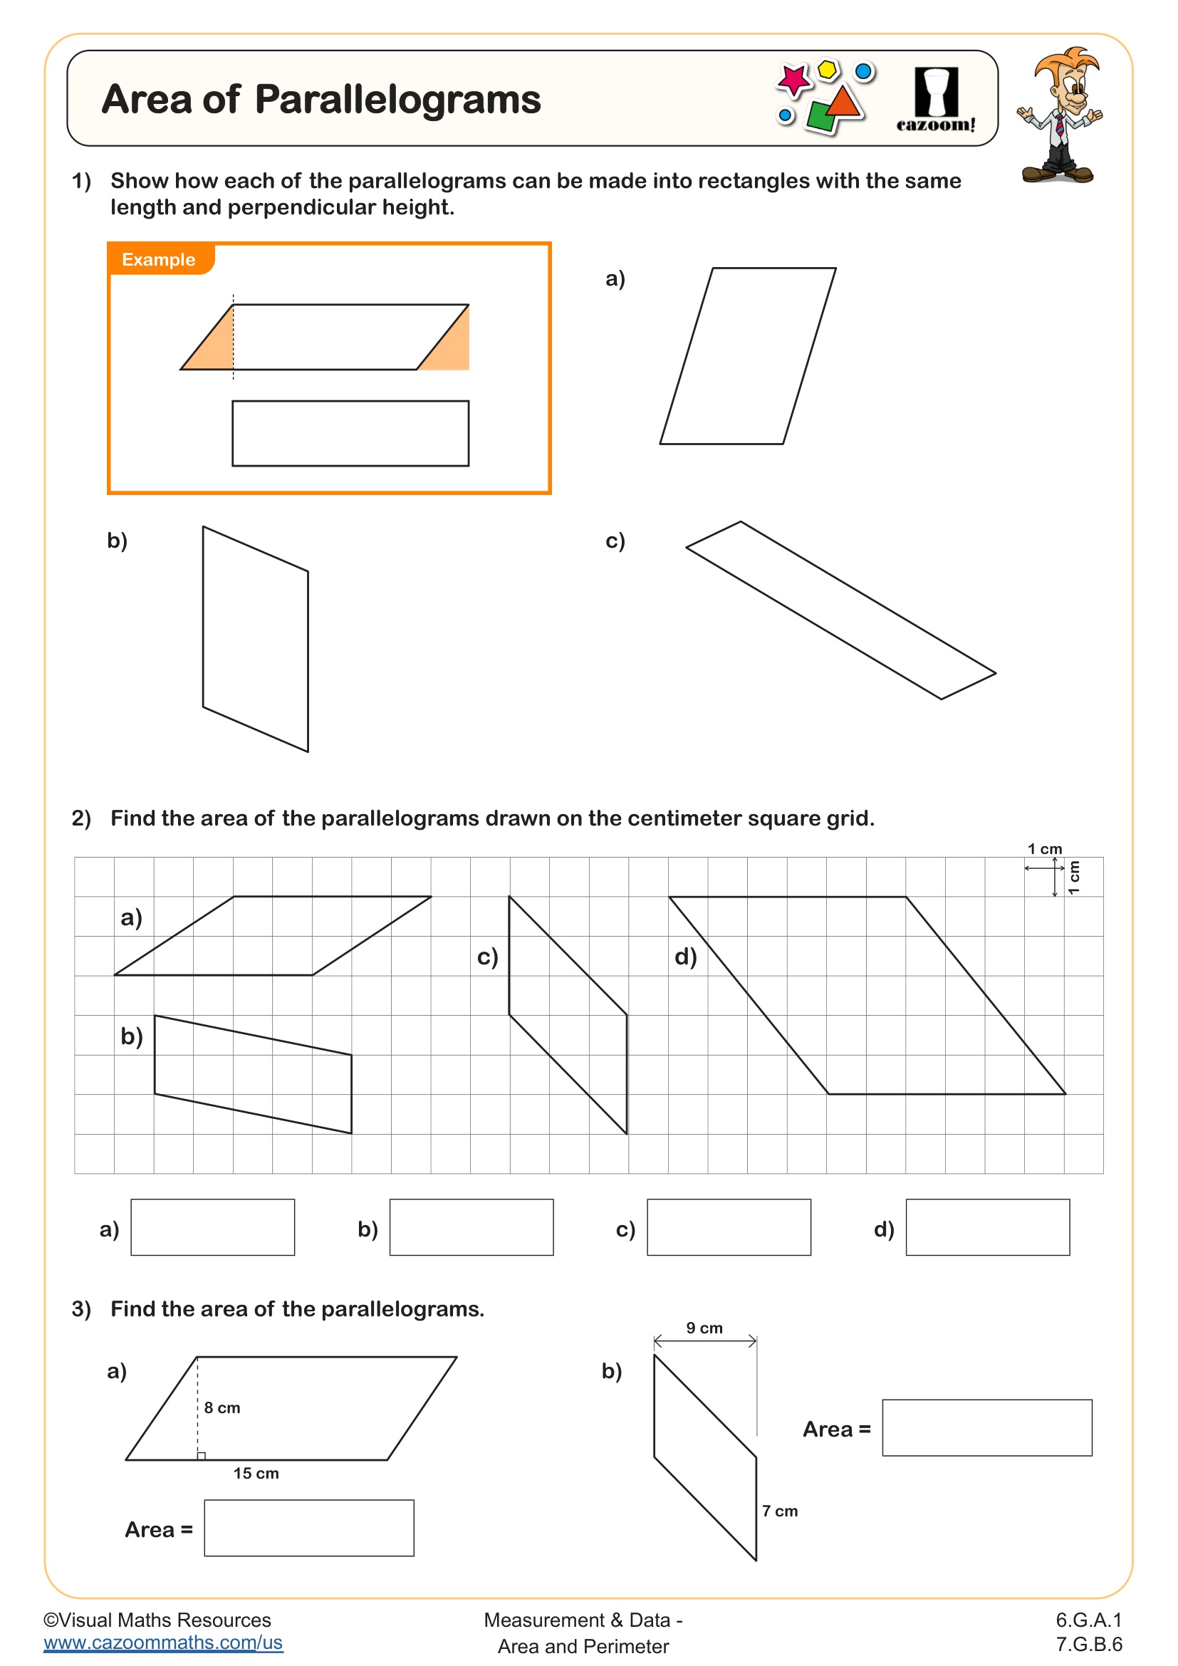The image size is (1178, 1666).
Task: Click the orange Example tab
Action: click(160, 259)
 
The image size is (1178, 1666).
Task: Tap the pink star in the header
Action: click(793, 79)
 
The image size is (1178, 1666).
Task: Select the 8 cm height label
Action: click(222, 1407)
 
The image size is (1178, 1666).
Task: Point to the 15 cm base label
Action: click(256, 1473)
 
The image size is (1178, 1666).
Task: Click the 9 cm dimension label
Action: click(704, 1328)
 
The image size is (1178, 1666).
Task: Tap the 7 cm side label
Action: click(780, 1511)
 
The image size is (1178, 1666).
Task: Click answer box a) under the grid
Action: click(212, 1227)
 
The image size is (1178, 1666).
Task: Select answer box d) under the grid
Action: click(987, 1227)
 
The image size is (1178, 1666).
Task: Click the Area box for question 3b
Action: click(986, 1427)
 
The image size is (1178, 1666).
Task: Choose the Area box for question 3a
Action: click(309, 1527)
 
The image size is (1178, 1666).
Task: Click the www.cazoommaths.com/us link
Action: click(163, 1642)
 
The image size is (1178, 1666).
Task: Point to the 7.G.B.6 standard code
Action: click(1089, 1643)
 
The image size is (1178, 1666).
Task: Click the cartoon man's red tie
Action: click(1060, 125)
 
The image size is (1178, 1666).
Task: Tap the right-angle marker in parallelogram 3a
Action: click(202, 1456)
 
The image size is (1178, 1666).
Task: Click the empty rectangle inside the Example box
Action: click(350, 433)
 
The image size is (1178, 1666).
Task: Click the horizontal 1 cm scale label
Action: click(1045, 849)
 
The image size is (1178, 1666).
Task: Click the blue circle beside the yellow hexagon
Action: click(863, 71)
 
